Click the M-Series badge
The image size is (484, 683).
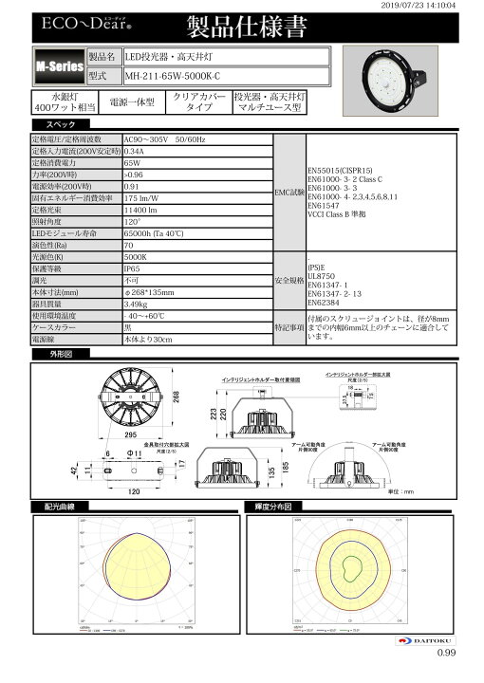click(x=57, y=67)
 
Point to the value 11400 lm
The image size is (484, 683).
click(x=143, y=208)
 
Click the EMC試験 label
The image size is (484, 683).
click(x=288, y=193)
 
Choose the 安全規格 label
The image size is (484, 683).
click(x=289, y=281)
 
